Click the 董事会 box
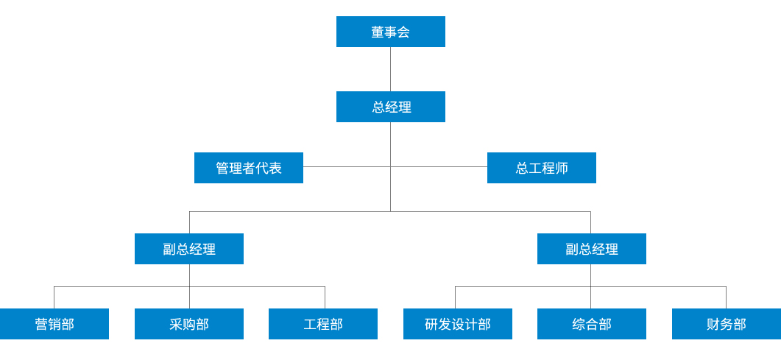tap(390, 32)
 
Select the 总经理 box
tap(390, 107)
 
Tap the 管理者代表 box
tap(248, 168)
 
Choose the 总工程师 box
tap(541, 168)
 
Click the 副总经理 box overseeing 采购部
tap(188, 249)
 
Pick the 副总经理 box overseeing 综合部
tap(591, 249)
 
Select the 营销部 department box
tap(54, 324)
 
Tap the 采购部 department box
tap(188, 324)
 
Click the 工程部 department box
tap(322, 324)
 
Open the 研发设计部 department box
tap(457, 324)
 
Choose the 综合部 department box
tap(591, 324)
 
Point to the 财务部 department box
tap(726, 324)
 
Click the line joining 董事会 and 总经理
tap(390, 69)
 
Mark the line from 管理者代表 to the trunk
tap(346, 167)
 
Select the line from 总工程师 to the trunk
tap(439, 167)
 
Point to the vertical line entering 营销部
tap(54, 297)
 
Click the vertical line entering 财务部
tap(726, 297)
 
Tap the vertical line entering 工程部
tap(325, 297)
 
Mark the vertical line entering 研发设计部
tap(455, 297)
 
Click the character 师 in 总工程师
tap(562, 168)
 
